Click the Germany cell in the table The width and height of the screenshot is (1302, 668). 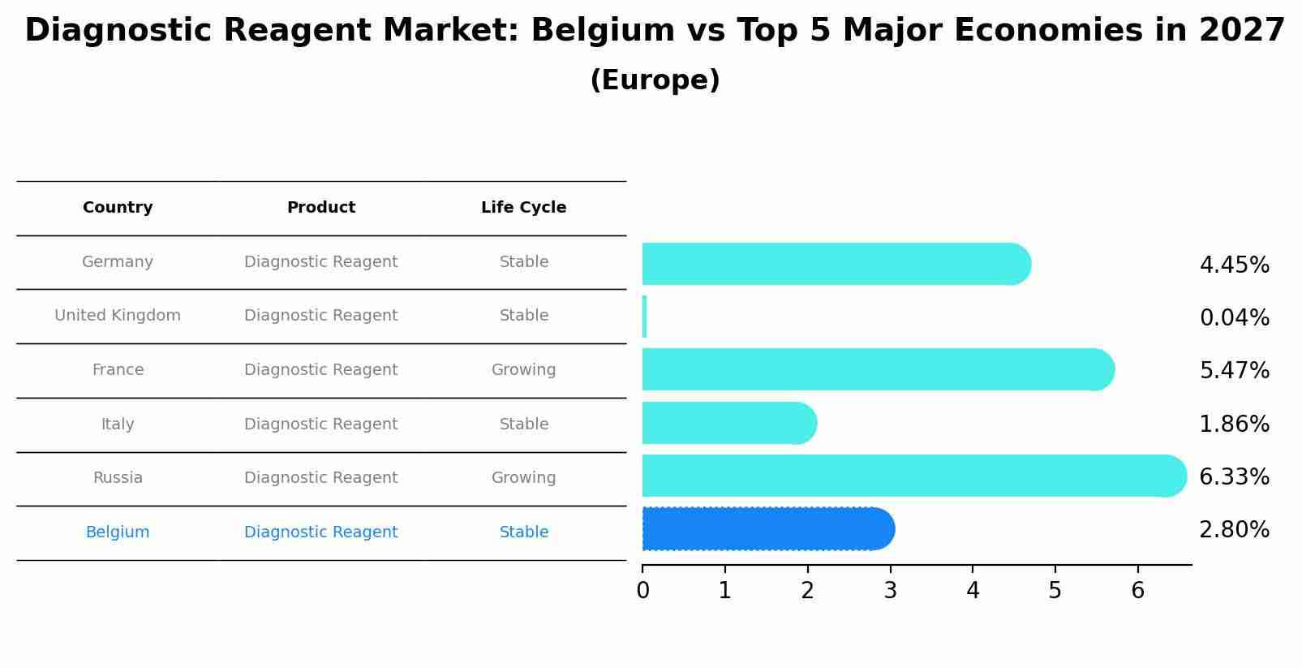(x=118, y=262)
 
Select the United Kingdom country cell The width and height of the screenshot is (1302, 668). (x=118, y=316)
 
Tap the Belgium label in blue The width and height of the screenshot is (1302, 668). (x=118, y=532)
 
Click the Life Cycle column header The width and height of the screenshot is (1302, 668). (x=523, y=208)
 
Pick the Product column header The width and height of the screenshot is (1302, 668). (x=321, y=208)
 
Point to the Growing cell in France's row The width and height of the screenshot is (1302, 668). (x=523, y=370)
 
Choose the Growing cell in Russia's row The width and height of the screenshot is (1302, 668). (x=523, y=478)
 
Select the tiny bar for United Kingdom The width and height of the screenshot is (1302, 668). (x=645, y=317)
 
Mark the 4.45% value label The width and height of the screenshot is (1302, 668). (x=1234, y=265)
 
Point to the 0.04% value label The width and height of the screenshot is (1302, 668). (x=1234, y=318)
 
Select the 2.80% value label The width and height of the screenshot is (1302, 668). (x=1234, y=530)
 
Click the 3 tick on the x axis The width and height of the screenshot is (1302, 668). (x=890, y=591)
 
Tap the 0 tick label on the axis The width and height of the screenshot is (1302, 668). (x=642, y=591)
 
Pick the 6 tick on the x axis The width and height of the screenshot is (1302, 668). (x=1137, y=591)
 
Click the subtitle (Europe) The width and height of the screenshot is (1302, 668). (x=655, y=80)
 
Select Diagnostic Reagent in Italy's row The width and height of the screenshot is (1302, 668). (x=321, y=425)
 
